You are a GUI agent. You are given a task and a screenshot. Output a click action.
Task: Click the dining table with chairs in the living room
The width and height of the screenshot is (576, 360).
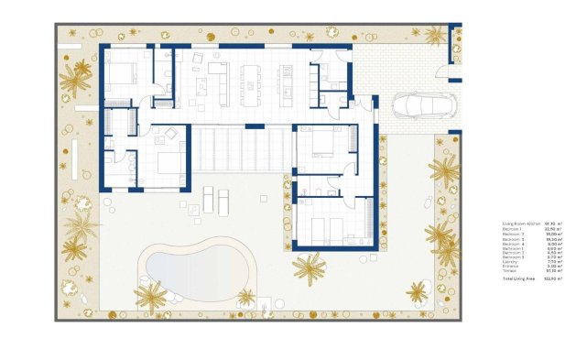pyautogui.click(x=250, y=82)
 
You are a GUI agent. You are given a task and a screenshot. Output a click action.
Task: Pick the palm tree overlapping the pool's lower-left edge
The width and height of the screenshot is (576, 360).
pyautogui.click(x=148, y=295)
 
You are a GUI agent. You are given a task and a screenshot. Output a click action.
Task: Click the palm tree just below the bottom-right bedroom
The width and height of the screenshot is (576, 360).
pyautogui.click(x=309, y=267)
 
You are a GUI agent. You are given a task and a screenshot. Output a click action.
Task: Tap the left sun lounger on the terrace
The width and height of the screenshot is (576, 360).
pyautogui.click(x=207, y=197)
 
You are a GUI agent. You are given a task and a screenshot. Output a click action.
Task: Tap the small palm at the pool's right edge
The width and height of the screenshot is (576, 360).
pyautogui.click(x=246, y=298)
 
